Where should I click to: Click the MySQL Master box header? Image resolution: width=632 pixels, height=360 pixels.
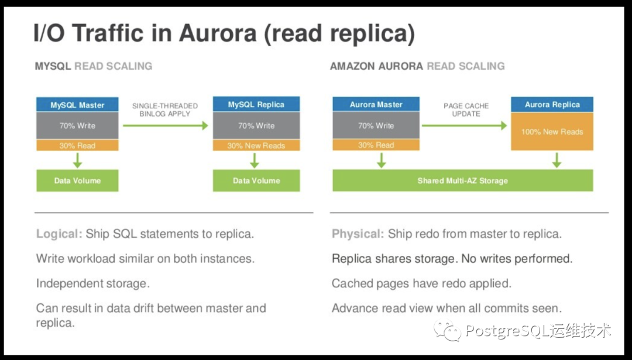tap(77, 105)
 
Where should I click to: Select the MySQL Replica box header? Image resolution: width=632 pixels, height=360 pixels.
tap(256, 105)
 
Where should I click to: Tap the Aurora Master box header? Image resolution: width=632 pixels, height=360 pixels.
tap(376, 105)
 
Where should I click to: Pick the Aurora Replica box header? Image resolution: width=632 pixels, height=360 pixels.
tap(552, 105)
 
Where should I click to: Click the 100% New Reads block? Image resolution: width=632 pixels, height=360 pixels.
tap(552, 132)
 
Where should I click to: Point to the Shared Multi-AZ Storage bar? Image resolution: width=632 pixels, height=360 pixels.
tap(462, 180)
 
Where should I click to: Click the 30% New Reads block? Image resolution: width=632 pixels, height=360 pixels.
tap(256, 145)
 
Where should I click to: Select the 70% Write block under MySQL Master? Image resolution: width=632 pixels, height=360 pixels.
tap(77, 125)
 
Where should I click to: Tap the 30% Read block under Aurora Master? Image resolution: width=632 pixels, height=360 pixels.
tap(376, 145)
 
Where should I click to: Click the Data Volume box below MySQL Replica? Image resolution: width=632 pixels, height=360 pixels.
tap(256, 180)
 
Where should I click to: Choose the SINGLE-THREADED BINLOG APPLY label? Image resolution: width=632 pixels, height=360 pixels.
tap(165, 109)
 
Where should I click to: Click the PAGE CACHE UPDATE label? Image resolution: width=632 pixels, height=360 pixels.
tap(466, 109)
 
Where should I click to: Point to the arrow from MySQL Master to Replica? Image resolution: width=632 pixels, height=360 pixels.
tap(165, 125)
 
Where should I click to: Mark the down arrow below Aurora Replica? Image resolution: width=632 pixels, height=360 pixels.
tap(557, 160)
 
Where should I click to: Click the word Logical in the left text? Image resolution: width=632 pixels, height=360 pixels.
tap(59, 234)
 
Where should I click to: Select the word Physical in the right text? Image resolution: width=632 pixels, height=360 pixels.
tap(357, 234)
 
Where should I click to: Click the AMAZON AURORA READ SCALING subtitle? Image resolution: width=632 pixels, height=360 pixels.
tap(417, 66)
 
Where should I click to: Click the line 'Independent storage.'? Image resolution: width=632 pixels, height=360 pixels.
tap(93, 283)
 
